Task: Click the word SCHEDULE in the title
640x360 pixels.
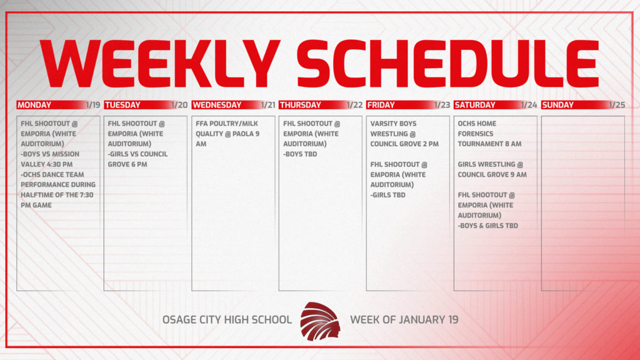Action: coord(447,62)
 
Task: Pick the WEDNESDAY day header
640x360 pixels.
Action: coord(216,105)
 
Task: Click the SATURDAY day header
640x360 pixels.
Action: coord(475,105)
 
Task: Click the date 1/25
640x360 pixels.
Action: coord(617,105)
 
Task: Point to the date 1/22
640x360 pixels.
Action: coord(355,105)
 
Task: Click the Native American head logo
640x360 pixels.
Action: coord(320,320)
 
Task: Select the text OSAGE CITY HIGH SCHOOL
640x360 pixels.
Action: coord(227,320)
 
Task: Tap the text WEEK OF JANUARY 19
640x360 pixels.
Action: coord(404,320)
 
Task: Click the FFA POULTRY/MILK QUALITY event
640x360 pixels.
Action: coord(226,134)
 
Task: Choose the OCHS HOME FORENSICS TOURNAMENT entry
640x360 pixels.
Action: coord(489,134)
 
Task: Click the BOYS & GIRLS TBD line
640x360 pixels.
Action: coord(487,226)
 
